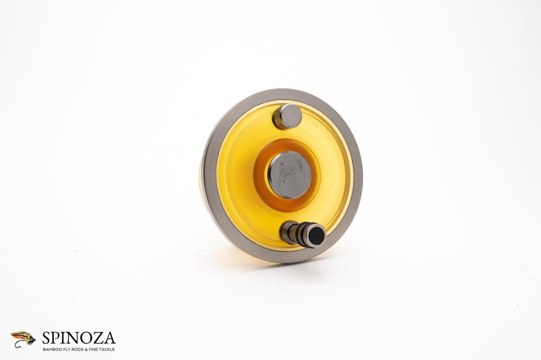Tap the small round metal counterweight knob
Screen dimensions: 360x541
(x=288, y=116)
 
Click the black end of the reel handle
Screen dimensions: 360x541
(x=317, y=236)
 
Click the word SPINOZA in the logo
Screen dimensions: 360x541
(x=78, y=338)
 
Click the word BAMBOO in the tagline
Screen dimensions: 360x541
(x=50, y=349)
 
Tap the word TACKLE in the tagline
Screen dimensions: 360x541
(x=107, y=349)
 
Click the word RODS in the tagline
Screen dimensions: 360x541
(x=78, y=349)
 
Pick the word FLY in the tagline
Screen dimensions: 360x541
(x=66, y=349)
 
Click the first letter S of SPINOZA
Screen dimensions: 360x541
(x=46, y=338)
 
